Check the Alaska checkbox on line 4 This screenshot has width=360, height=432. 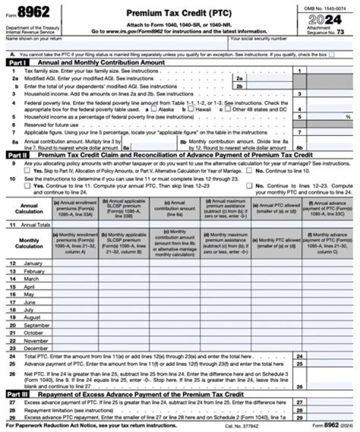pyautogui.click(x=154, y=108)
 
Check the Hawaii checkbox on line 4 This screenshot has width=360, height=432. pyautogui.click(x=190, y=108)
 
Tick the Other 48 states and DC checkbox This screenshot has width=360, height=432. pyautogui.click(x=227, y=108)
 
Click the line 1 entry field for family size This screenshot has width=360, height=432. pyautogui.click(x=329, y=71)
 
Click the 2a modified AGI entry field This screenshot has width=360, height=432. pyautogui.click(x=269, y=78)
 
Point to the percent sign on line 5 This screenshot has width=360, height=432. pyautogui.click(x=348, y=116)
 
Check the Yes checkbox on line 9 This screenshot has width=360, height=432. pyautogui.click(x=27, y=170)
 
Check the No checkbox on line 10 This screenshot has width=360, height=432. pyautogui.click(x=249, y=186)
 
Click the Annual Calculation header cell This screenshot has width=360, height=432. pyautogui.click(x=29, y=208)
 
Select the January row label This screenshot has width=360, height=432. pyautogui.click(x=33, y=263)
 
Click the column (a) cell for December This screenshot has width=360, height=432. pyautogui.click(x=75, y=348)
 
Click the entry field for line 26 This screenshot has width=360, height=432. pyautogui.click(x=329, y=386)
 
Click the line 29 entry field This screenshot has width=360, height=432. pyautogui.click(x=329, y=417)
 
